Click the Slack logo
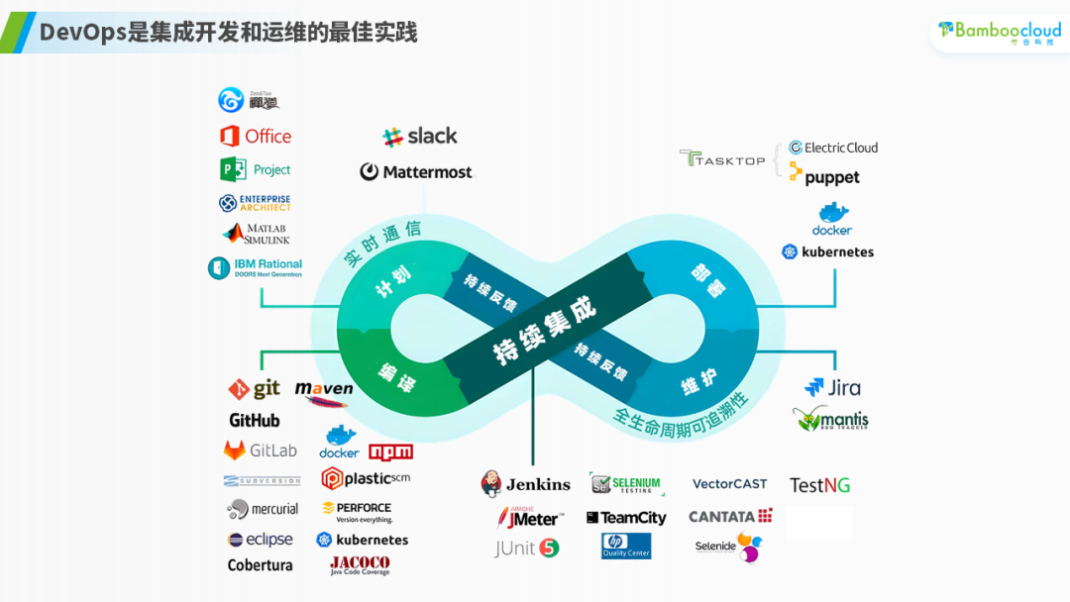420,137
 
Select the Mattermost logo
416,172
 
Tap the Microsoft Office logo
256,137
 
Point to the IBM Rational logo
255,267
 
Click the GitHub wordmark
255,421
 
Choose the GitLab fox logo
235,451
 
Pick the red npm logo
390,451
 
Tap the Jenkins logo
525,484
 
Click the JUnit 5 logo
527,548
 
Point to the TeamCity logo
626,518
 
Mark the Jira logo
832,388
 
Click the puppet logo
823,177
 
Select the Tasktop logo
722,158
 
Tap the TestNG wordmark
819,485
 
